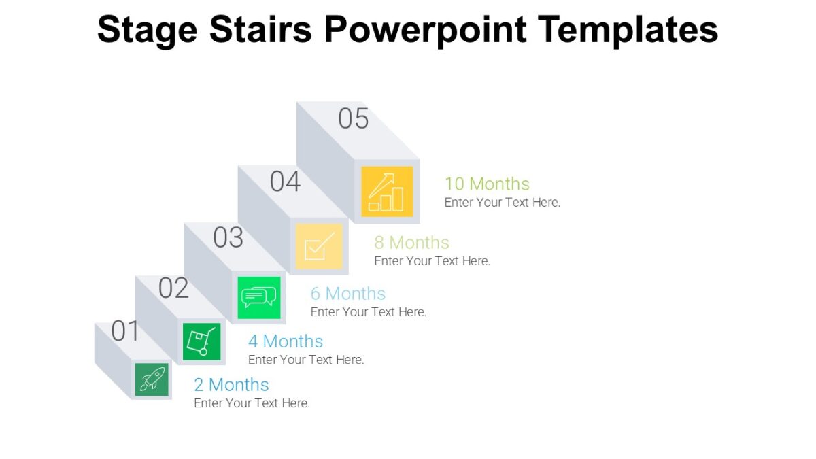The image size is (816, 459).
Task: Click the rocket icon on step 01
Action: point(152,379)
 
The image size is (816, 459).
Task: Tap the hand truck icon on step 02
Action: point(202,341)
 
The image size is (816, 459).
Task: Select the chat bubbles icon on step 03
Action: point(259,297)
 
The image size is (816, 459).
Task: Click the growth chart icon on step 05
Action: point(387,192)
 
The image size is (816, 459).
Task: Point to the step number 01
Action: point(125,331)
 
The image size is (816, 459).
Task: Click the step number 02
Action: point(173,288)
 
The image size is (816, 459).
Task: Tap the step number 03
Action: point(228,238)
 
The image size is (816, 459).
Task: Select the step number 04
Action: point(285,182)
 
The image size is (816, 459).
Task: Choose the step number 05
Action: point(353,118)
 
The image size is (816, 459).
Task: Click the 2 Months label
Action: point(231,384)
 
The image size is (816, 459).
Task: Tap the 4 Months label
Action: point(286,341)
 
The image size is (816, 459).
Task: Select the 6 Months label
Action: point(348,293)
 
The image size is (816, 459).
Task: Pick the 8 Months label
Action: point(412,242)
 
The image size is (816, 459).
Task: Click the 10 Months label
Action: point(487,184)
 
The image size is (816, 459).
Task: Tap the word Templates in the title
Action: point(628,29)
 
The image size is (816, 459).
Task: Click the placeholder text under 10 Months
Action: point(503,202)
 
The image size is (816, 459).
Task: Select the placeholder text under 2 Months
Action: point(252,403)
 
